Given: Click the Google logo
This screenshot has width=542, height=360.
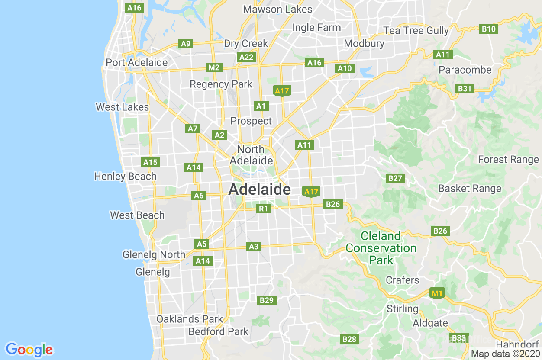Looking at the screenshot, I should tap(29, 349).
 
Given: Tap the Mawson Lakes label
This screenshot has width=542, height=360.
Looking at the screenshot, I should tap(277, 9).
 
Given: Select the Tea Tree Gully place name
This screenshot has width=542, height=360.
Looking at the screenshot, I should tap(416, 30).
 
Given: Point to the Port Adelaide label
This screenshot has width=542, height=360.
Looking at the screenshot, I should tap(137, 62).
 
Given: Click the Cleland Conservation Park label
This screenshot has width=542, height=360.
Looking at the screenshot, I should tap(381, 248).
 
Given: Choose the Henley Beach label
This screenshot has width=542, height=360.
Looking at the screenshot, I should tap(125, 176).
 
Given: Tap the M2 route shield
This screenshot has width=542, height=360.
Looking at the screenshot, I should tap(214, 67).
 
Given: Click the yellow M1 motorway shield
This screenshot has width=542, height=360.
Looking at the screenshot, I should tap(437, 294).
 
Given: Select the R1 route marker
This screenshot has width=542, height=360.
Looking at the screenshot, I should tap(263, 209).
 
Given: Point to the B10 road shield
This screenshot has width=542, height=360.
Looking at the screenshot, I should tap(489, 29).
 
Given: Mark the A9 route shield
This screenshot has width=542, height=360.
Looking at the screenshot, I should tap(186, 43).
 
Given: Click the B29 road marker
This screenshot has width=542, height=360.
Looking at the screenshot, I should tap(267, 300).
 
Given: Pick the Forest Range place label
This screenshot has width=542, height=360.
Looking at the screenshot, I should tap(508, 159).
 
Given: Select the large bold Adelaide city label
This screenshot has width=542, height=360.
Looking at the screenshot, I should tap(259, 189).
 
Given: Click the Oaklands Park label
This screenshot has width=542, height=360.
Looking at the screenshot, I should tap(190, 319).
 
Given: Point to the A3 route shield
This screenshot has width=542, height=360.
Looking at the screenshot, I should tap(254, 247).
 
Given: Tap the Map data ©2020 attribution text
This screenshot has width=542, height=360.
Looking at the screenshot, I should tap(505, 354).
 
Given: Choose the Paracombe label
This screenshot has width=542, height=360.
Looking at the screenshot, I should tap(465, 70).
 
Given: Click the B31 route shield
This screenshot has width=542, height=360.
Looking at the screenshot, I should tap(465, 89).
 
